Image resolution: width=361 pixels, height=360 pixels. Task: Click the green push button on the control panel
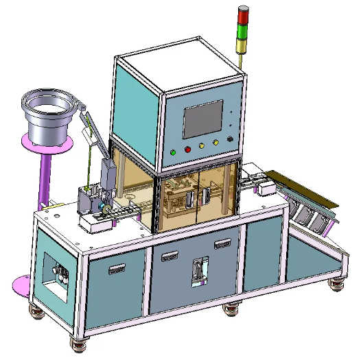click(174, 152)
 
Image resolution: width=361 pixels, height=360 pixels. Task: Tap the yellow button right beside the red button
click(202, 145)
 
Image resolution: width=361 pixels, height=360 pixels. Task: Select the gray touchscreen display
click(202, 119)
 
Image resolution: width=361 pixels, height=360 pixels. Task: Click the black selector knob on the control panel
click(229, 138)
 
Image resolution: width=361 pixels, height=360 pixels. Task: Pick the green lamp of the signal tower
click(243, 31)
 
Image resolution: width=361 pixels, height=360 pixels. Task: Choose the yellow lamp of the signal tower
click(243, 45)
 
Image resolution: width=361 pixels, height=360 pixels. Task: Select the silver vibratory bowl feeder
click(49, 117)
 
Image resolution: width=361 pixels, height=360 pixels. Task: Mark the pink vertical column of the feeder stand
click(49, 178)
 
